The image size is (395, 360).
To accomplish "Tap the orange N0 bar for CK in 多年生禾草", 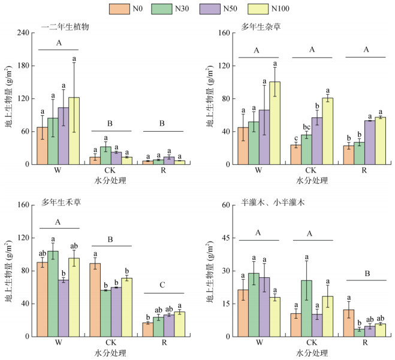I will pos(94,300).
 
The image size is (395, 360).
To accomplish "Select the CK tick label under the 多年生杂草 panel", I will pos(310,171).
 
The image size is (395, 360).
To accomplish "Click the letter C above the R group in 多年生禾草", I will pos(163,286).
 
